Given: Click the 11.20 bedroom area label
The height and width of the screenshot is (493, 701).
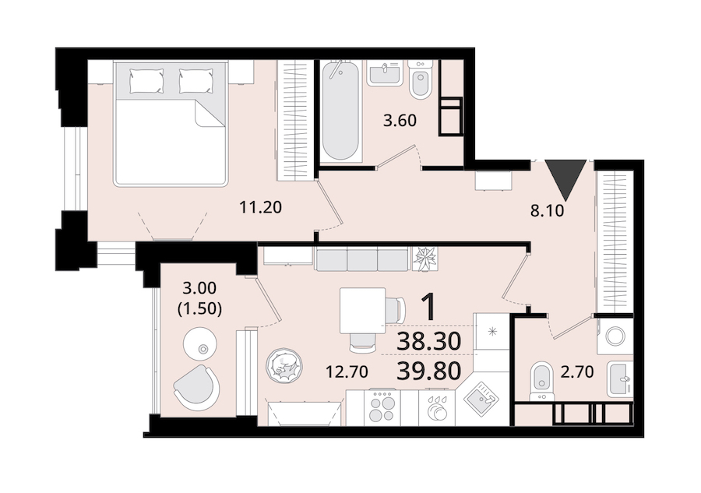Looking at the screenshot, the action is point(260,207).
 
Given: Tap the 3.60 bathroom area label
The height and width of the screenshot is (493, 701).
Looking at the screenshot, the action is point(400,121).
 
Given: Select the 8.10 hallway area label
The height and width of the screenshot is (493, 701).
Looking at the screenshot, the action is point(548,210).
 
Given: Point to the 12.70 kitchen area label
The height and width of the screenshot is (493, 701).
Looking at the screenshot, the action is point(347,372).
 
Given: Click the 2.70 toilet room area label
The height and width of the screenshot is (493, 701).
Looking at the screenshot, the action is point(577,372).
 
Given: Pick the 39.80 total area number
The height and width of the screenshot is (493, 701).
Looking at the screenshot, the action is point(428,371).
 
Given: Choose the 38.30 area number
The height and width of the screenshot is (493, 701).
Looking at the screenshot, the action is point(428,342).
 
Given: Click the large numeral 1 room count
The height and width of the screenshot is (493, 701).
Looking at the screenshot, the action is point(429,307).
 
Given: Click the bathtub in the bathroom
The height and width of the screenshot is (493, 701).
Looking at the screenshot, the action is point(340,111).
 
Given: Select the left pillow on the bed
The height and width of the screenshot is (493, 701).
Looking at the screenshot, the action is point(146,81).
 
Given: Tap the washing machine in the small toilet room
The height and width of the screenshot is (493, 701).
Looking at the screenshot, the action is point(615,336).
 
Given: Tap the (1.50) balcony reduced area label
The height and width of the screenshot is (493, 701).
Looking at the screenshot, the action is point(200,308).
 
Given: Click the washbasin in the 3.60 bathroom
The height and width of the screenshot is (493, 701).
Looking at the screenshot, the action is point(385,73).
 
